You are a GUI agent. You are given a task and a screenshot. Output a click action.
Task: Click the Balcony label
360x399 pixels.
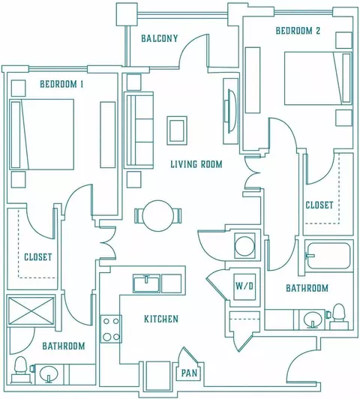coord(160,38)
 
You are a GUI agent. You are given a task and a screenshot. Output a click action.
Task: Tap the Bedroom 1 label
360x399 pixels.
coord(61,84)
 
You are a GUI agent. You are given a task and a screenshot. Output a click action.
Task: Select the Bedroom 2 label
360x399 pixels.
coord(298,31)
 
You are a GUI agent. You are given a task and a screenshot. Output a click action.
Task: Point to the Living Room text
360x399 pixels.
coord(196,164)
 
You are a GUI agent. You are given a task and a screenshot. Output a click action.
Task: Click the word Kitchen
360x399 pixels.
coord(161,319)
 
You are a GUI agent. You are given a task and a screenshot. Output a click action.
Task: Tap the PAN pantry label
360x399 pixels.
coord(189,373)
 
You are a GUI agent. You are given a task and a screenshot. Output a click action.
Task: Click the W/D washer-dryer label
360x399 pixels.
coord(244,286)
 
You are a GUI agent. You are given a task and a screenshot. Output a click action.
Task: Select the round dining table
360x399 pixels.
coord(158,216)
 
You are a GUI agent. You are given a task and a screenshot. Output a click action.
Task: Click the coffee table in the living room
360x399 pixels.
coord(177,130)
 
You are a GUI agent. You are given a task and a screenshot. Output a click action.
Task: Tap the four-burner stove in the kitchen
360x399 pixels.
coord(111,328)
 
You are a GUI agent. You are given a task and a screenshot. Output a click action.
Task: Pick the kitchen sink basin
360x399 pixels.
coord(146,283)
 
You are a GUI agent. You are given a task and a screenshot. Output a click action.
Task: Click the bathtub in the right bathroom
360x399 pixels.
coord(328,256)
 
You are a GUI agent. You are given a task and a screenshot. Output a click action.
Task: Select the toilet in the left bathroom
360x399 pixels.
coord(20,369)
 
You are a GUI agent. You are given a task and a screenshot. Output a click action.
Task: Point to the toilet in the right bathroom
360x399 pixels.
coord(339,316)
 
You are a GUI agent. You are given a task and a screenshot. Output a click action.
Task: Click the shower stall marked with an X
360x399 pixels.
coord(31,310)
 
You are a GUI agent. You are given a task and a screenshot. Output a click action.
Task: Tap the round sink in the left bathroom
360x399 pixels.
coord(48,374)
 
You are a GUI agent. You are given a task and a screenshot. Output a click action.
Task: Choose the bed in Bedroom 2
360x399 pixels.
coord(319,78)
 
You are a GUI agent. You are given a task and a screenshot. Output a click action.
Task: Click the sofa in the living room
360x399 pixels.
coord(139,130)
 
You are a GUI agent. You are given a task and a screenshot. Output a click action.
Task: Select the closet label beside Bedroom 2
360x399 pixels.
coord(319,205)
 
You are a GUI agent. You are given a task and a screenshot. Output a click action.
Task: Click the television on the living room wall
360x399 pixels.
coord(230,111)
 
